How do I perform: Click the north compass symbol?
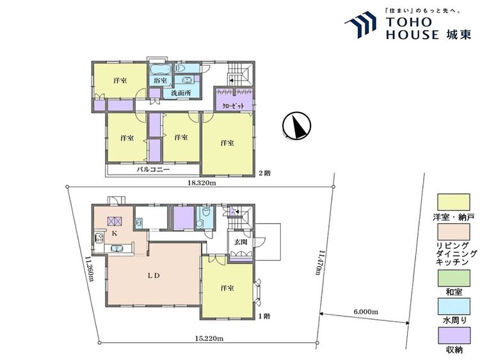tap(296, 125)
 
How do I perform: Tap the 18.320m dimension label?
tap(202, 183)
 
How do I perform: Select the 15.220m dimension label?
tap(209, 338)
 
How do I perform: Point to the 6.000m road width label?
tap(366, 311)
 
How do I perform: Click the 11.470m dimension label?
tap(321, 263)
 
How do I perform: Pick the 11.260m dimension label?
tap(89, 269)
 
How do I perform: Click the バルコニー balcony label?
tap(153, 169)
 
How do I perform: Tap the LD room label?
tap(154, 276)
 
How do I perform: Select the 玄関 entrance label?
tap(241, 242)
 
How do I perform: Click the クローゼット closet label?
tap(233, 106)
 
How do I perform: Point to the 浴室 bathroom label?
tap(161, 81)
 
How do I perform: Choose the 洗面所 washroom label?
tap(180, 93)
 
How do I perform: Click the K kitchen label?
tap(114, 233)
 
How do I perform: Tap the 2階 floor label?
tap(265, 173)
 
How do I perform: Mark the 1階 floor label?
tap(264, 317)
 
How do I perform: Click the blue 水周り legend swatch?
tap(454, 306)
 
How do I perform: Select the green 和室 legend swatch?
tap(454, 278)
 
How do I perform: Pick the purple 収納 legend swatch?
tap(454, 336)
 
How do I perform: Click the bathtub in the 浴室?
tap(161, 69)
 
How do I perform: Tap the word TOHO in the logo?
tap(409, 22)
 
